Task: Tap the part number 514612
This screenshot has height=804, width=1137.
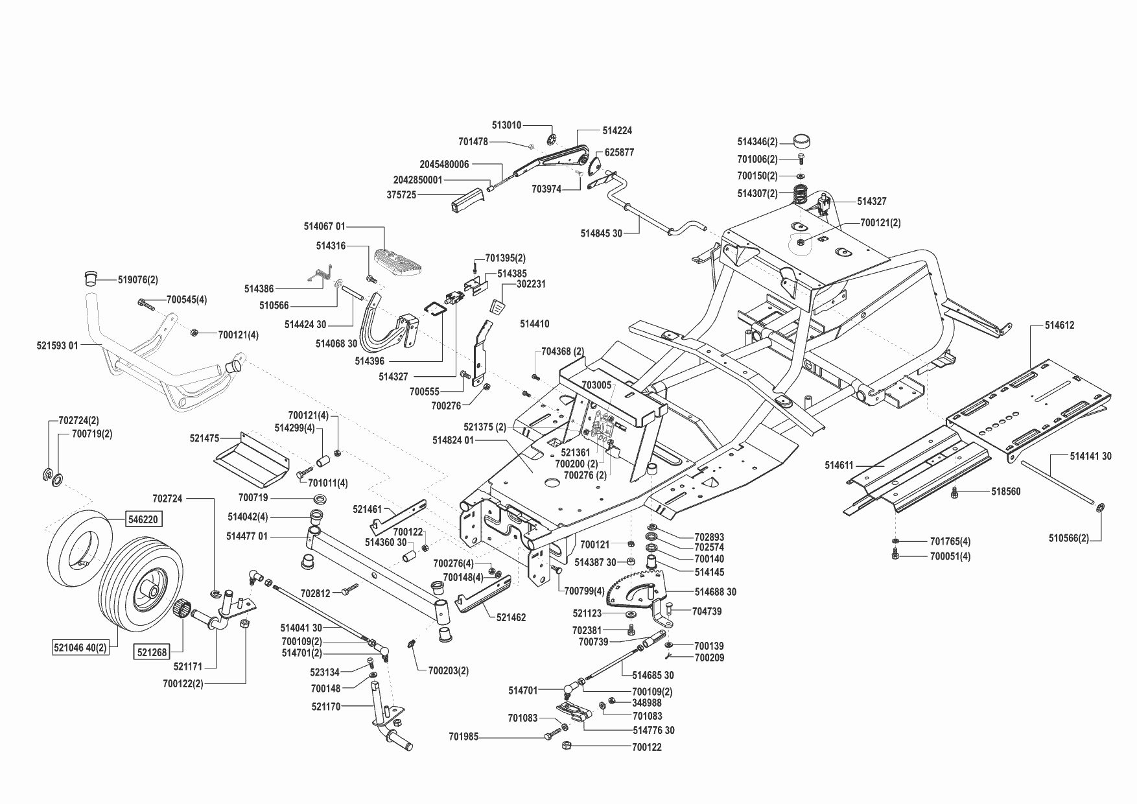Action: pyautogui.click(x=1059, y=325)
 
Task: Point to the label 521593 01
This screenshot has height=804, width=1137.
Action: pyautogui.click(x=57, y=346)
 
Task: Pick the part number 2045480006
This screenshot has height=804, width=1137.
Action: pyautogui.click(x=444, y=165)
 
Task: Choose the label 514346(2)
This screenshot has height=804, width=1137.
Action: pyautogui.click(x=757, y=141)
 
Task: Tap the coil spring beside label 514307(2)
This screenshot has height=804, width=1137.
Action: pyautogui.click(x=803, y=194)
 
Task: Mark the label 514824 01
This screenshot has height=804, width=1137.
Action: pyautogui.click(x=453, y=440)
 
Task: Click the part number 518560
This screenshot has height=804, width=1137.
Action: pyautogui.click(x=1005, y=491)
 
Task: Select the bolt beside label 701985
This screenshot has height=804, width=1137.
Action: pyautogui.click(x=555, y=733)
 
